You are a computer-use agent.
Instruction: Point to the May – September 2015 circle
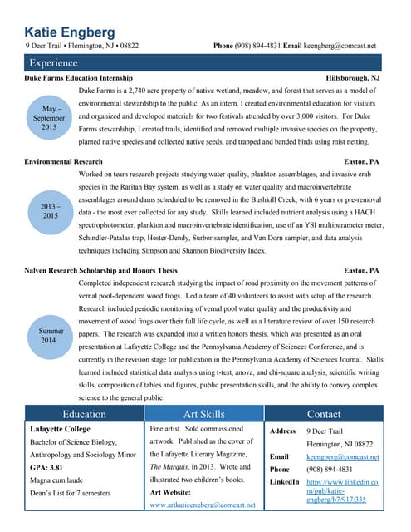(48, 117)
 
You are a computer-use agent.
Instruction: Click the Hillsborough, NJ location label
(353, 77)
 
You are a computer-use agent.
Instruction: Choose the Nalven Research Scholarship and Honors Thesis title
(101, 271)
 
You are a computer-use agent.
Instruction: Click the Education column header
(84, 414)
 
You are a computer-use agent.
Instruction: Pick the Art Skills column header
(203, 414)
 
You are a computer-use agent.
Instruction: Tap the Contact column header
(323, 414)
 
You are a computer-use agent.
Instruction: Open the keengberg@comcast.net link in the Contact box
(342, 456)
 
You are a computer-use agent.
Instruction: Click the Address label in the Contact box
(283, 431)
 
